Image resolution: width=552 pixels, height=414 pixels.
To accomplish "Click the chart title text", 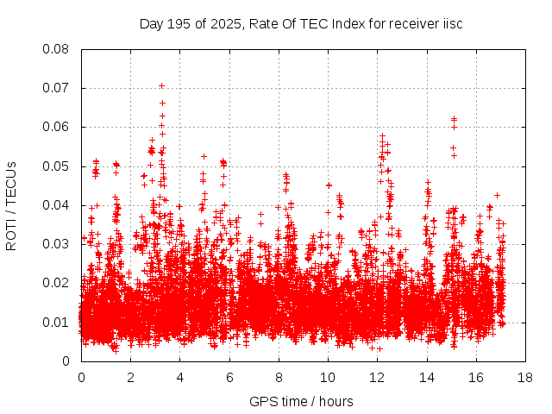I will (x=301, y=23).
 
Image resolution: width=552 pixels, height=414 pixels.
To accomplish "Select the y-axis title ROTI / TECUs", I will (x=11, y=205).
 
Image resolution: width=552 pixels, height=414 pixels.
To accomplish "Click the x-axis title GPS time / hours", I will (x=302, y=402).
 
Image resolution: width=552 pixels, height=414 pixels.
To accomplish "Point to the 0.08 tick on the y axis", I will (x=58, y=49).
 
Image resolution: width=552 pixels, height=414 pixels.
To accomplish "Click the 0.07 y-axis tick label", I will (x=58, y=88).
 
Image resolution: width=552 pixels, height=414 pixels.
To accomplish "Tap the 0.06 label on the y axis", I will (x=58, y=127).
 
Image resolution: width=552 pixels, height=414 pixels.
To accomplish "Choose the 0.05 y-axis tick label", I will (x=58, y=166).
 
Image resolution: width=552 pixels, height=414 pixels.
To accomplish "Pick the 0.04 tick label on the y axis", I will (x=58, y=205).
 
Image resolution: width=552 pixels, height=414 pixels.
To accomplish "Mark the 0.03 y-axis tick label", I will (x=58, y=244).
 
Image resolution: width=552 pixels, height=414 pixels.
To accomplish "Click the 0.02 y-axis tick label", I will (x=58, y=283).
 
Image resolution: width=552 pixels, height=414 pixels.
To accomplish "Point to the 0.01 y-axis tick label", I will (x=58, y=322).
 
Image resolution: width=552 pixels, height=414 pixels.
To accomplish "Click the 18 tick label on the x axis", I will (x=525, y=377).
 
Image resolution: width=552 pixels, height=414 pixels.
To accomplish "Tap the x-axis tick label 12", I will (x=377, y=377).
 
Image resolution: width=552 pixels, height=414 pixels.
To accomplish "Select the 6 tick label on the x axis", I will (x=229, y=377).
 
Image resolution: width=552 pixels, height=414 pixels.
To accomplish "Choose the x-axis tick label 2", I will (x=131, y=377).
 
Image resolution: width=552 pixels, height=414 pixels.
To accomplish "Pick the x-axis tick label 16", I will (x=476, y=377).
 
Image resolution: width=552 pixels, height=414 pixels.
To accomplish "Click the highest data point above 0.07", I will (x=161, y=85).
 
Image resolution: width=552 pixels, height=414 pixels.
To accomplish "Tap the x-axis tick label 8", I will (x=279, y=377).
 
